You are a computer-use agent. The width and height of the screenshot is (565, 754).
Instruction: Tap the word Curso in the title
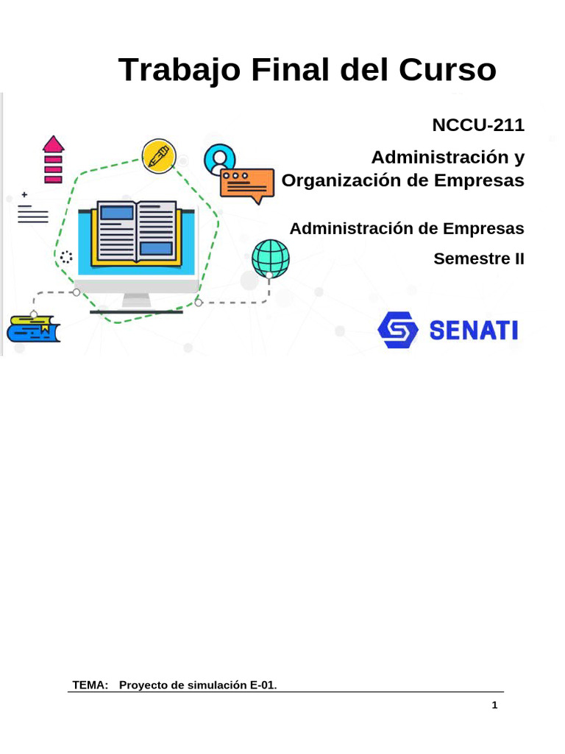coord(448,71)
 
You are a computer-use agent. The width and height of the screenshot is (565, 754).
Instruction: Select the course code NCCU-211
coord(478,125)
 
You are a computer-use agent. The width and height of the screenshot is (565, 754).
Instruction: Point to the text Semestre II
coord(479,259)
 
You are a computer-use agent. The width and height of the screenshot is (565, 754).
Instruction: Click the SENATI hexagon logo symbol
coord(398,330)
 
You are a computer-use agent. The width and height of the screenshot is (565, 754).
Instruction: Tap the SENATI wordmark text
coord(473,331)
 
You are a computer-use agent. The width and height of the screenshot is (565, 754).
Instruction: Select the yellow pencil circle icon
coord(159,155)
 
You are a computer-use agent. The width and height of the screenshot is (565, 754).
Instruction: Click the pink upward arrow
coord(53,158)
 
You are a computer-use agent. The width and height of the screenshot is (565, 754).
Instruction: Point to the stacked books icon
coord(33,328)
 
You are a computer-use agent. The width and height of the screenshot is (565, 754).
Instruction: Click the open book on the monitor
coord(135,233)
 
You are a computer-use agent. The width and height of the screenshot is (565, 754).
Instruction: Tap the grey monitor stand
coord(136,300)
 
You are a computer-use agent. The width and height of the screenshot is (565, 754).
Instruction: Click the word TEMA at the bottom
coord(90,685)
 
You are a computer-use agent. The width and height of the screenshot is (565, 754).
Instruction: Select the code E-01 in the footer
coord(263,685)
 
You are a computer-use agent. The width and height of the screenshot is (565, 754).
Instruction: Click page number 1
coord(495,705)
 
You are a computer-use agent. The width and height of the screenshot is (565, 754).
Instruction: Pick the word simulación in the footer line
coord(214,685)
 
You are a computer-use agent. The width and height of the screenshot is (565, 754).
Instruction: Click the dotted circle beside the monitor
coord(66,257)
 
